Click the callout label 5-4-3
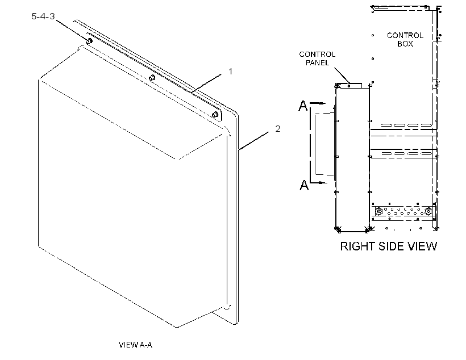click(x=43, y=16)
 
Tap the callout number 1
click(x=230, y=72)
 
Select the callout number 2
click(x=277, y=129)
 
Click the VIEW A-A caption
click(x=135, y=345)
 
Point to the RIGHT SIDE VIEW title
click(x=389, y=246)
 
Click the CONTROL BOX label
click(x=405, y=40)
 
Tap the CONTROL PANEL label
click(x=317, y=58)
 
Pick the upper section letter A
click(x=303, y=106)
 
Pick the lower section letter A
click(x=304, y=185)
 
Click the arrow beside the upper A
click(x=318, y=103)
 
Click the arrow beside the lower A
click(x=319, y=182)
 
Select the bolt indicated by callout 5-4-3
click(x=89, y=41)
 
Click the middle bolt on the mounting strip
click(x=152, y=78)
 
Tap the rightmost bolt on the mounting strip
click(x=215, y=114)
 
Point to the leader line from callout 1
click(x=206, y=82)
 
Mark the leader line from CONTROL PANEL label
click(x=342, y=76)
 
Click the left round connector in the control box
click(x=379, y=212)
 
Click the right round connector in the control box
click(x=428, y=211)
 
